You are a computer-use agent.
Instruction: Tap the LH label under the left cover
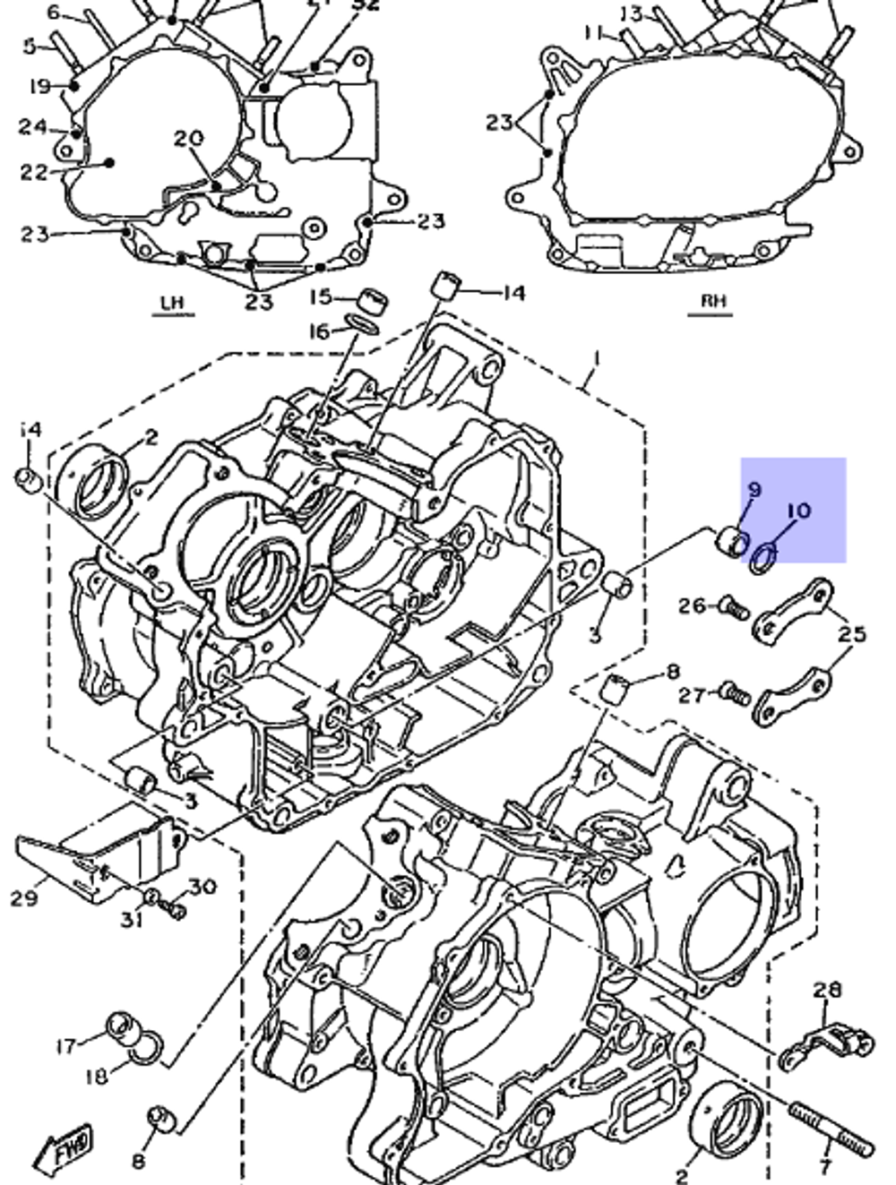173,303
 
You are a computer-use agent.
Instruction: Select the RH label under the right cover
713,301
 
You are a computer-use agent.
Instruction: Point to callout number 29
24,897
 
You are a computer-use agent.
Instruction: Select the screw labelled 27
734,692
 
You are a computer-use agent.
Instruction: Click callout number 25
852,634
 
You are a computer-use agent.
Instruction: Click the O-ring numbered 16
360,323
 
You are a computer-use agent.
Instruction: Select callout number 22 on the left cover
34,171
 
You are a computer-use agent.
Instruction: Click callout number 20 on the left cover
189,139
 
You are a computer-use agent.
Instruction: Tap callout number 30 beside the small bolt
202,887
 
